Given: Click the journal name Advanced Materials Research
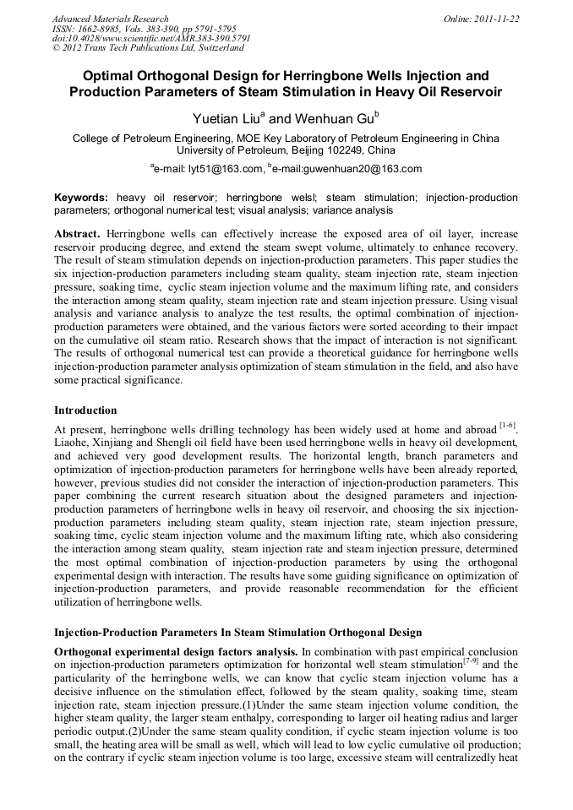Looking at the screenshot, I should (x=110, y=19).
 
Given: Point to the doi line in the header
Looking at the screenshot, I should (x=151, y=39).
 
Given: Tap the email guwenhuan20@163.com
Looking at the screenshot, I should (x=366, y=169).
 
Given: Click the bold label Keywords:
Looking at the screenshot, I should (x=81, y=198).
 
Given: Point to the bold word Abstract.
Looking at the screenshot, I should (x=77, y=232).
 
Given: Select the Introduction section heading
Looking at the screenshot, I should (x=85, y=410).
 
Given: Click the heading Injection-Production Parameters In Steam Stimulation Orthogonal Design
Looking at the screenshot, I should (x=237, y=632).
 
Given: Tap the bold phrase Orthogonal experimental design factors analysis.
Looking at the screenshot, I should (x=175, y=650).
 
